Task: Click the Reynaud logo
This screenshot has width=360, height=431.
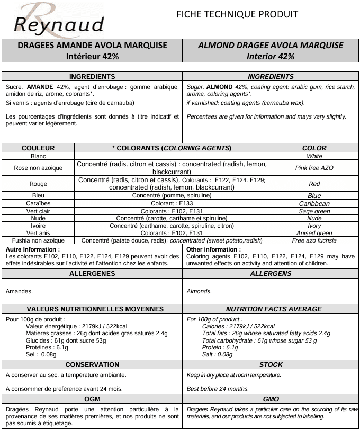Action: pyautogui.click(x=58, y=20)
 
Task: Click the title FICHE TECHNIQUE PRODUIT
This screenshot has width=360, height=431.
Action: pyautogui.click(x=237, y=14)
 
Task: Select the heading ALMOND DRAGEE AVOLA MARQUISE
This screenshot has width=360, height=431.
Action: pyautogui.click(x=271, y=46)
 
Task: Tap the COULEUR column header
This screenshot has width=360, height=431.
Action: pyautogui.click(x=38, y=148)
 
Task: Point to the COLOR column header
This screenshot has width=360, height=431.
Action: pyautogui.click(x=314, y=148)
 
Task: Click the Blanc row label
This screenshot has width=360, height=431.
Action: pyautogui.click(x=38, y=156)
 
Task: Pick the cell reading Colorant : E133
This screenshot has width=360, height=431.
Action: pyautogui.click(x=172, y=203)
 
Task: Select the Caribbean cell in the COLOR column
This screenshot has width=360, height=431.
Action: pyautogui.click(x=314, y=203)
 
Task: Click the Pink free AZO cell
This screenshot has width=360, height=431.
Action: pyautogui.click(x=314, y=168)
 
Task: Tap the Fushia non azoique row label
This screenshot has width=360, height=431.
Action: pyautogui.click(x=38, y=240)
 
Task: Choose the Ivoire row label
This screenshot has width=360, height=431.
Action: pyautogui.click(x=38, y=226)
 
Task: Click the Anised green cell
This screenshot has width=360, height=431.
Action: pyautogui.click(x=314, y=233)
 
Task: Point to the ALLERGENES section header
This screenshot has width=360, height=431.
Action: pyautogui.click(x=92, y=274)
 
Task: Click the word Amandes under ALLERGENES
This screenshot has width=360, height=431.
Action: pyautogui.click(x=19, y=291)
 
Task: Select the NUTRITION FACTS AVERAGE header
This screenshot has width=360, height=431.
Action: pyautogui.click(x=273, y=309)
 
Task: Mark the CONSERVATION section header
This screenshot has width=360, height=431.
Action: pyautogui.click(x=92, y=365)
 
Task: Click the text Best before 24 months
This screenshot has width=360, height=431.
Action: pyautogui.click(x=218, y=389)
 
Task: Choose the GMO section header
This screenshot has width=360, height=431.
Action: pyautogui.click(x=271, y=399)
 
